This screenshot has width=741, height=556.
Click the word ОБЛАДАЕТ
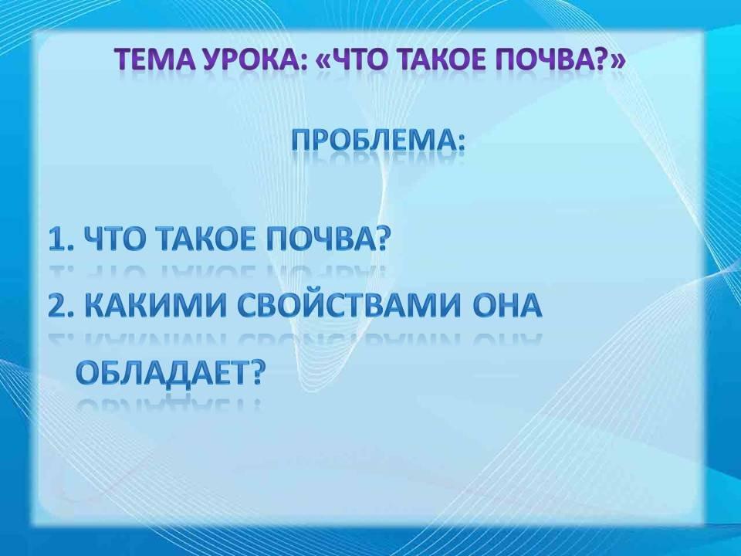click(160, 373)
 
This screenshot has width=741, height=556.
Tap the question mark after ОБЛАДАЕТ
click(253, 372)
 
